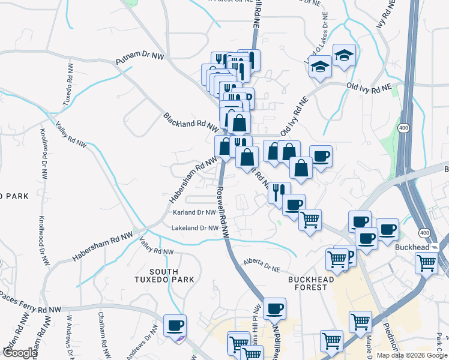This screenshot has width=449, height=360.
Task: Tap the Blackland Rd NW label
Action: (191, 120)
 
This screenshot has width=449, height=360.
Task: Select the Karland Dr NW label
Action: (194, 212)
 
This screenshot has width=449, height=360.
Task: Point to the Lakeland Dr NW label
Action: (195, 228)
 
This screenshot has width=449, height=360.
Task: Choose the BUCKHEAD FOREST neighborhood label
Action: (316, 283)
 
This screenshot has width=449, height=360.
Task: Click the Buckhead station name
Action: (413, 247)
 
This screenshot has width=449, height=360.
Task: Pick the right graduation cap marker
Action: (344, 56)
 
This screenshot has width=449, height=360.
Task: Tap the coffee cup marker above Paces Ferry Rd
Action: (175, 325)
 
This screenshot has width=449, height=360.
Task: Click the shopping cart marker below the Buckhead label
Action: (426, 262)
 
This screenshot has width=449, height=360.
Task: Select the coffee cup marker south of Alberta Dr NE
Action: (274, 308)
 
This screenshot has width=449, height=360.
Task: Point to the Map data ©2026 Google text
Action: (411, 355)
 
